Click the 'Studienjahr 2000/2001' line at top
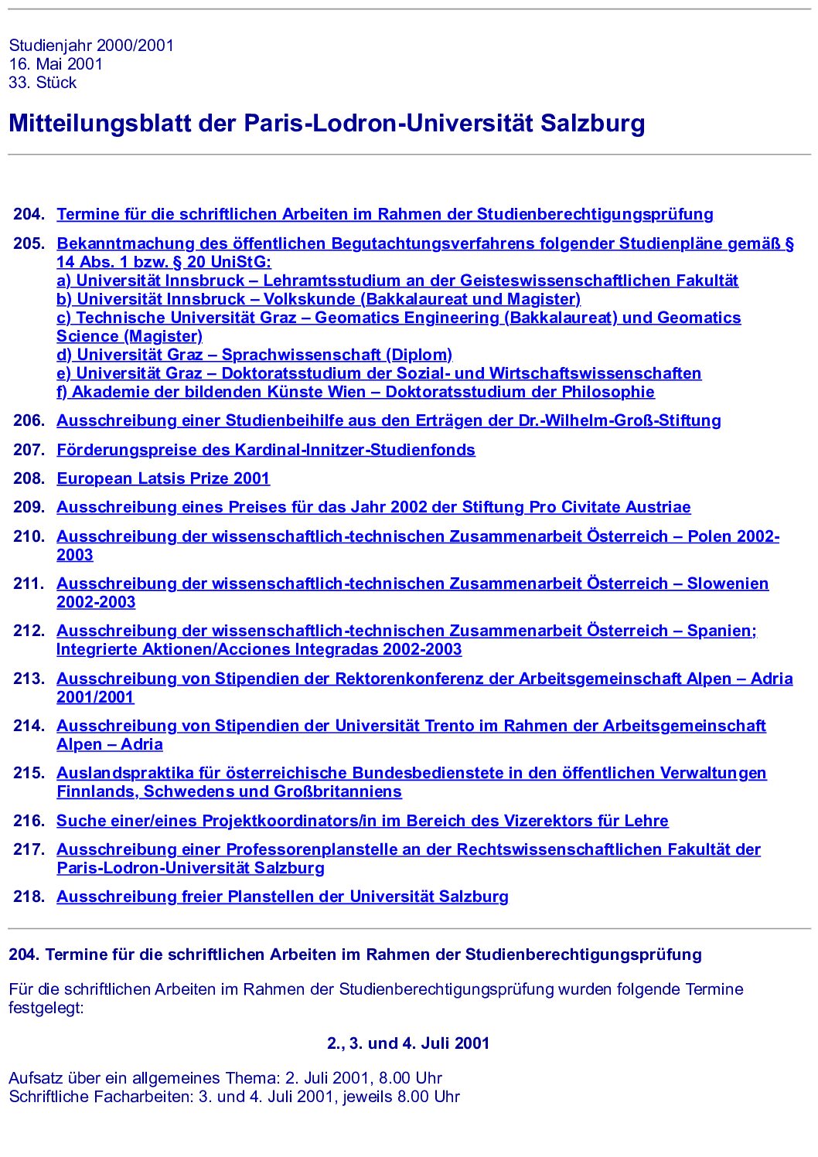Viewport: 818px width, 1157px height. coord(91,46)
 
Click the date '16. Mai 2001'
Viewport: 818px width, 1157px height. coord(56,64)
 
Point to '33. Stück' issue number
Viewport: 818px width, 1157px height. coord(43,83)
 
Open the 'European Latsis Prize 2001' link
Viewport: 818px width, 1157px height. coord(163,478)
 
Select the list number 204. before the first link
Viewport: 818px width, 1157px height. coord(29,214)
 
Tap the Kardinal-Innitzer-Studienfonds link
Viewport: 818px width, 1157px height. coord(266,450)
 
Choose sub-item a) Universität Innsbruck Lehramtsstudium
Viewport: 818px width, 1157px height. coord(397,281)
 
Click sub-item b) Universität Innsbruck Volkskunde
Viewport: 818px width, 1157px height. coord(319,299)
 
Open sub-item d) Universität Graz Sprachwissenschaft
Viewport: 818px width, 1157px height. coord(254,355)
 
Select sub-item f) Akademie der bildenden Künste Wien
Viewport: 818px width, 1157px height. coord(356,392)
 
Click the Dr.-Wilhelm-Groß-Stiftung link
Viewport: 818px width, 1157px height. coord(388,420)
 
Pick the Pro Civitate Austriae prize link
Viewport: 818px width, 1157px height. coord(373,507)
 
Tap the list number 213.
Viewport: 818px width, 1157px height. coord(29,679)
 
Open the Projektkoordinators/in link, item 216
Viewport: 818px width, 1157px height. coord(362,821)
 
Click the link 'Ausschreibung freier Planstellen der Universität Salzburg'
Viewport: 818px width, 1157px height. coord(282,897)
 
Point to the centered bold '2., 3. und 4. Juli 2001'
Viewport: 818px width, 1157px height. coord(408,1043)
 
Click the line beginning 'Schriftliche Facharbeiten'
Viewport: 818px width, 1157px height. coord(234,1097)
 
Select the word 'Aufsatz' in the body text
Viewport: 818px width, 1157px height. coord(36,1078)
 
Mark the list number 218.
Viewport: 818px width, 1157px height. coord(29,897)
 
